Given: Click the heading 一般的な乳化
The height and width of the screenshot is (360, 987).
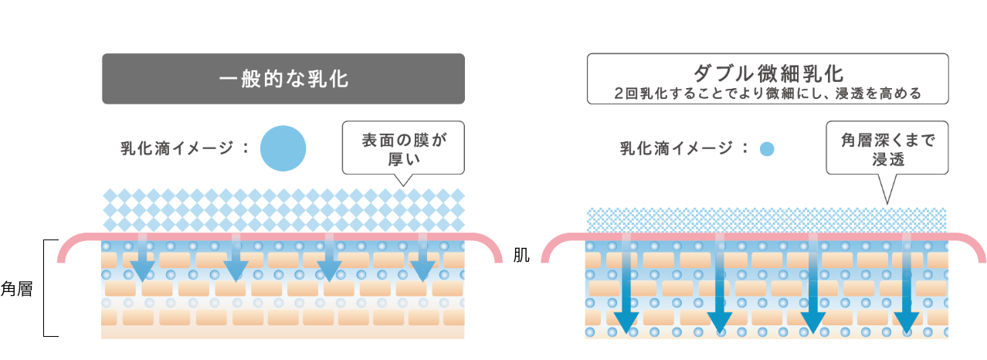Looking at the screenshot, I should [x=283, y=79].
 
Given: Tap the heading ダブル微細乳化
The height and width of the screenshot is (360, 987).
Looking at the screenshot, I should [x=767, y=73].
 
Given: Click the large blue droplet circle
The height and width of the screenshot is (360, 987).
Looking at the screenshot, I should [x=283, y=148].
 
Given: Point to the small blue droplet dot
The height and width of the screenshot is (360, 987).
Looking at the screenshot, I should [x=766, y=149].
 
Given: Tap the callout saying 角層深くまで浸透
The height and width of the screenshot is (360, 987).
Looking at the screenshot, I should [x=887, y=148].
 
